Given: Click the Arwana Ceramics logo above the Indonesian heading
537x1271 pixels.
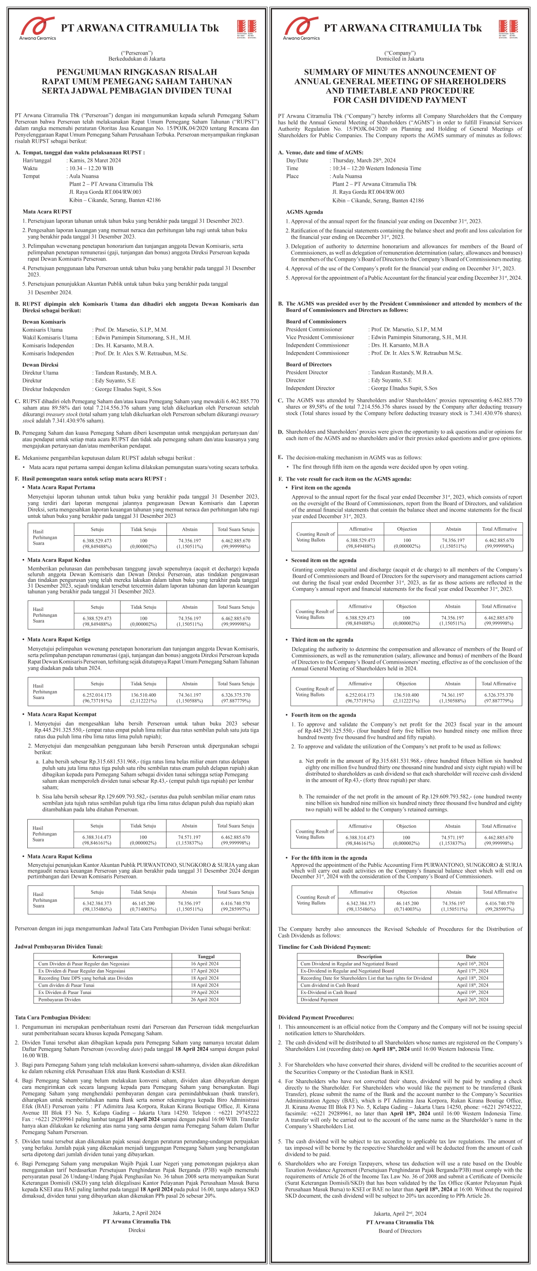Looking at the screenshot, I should tap(38, 28).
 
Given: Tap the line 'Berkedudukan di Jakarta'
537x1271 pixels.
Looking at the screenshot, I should tap(137, 59).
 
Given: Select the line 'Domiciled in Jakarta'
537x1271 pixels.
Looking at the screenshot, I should tap(400, 59).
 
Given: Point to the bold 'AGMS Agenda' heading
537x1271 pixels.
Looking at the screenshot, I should tap(304, 212).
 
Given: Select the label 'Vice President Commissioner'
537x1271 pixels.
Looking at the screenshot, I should tap(320, 337).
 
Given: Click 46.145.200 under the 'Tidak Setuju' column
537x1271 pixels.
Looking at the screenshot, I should tap(143, 904).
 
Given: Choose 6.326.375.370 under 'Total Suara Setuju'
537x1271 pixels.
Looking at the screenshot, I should tap(236, 695).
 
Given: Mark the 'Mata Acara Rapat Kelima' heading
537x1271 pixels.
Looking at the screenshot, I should tap(59, 857).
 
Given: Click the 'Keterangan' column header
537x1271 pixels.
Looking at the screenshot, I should tap(105, 956).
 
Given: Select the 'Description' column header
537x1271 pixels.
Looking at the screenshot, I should tap(369, 957).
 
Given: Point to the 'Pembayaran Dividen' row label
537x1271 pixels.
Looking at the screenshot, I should tap(59, 1000).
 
